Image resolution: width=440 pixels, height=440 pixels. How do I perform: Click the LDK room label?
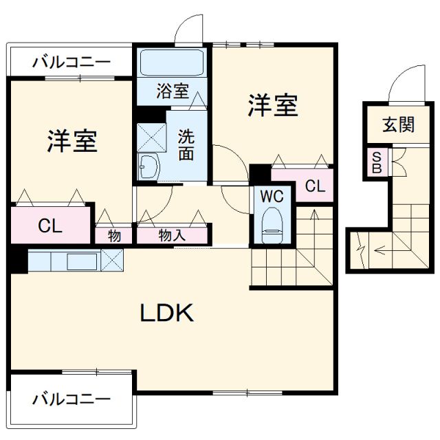[168, 313]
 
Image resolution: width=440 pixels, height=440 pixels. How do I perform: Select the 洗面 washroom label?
[186, 144]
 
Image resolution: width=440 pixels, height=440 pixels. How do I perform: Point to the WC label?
[272, 196]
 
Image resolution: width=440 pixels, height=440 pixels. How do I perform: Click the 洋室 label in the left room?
[71, 140]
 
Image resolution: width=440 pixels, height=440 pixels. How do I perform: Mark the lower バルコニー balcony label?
[71, 398]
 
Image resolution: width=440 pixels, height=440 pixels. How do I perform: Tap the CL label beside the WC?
[315, 186]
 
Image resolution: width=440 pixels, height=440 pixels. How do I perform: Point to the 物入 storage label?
[172, 235]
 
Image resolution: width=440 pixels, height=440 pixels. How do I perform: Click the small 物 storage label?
[114, 235]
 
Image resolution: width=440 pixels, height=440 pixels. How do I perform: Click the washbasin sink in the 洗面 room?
[148, 166]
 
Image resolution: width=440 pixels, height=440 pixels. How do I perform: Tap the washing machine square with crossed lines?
[151, 136]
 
